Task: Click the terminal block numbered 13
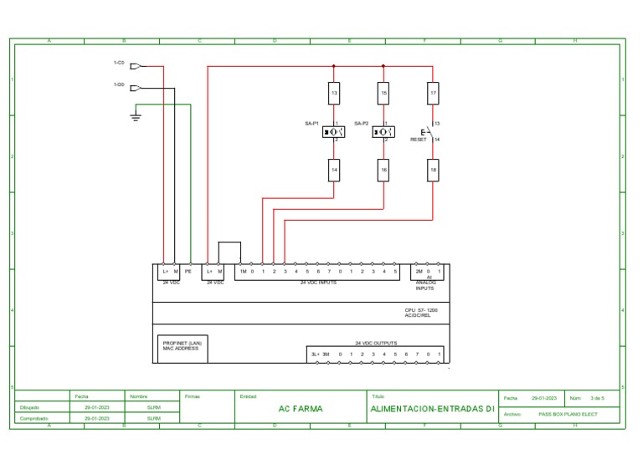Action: tap(334, 94)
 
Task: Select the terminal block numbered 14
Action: tap(334, 170)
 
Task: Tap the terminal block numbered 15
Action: tap(383, 94)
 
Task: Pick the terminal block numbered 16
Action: tap(383, 170)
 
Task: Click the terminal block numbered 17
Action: tap(433, 94)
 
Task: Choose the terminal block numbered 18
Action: tap(433, 170)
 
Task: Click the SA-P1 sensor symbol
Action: tap(334, 131)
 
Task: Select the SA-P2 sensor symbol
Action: tap(383, 131)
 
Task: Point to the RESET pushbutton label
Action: tap(418, 140)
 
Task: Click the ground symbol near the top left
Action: tap(136, 117)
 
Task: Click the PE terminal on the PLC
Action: tap(188, 272)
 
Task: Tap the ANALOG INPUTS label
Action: tap(425, 285)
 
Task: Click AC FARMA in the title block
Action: tap(300, 410)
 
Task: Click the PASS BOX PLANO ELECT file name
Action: tap(568, 414)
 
